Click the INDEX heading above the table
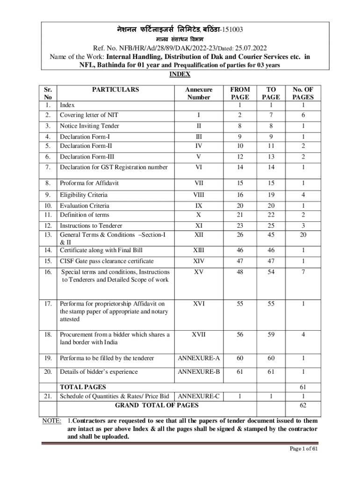pos(180,74)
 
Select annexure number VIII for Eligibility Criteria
pos(198,195)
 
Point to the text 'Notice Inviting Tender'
pos(89,126)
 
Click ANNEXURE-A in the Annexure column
pos(198,358)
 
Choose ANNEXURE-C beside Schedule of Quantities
pos(199,396)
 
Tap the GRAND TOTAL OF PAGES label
pos(157,405)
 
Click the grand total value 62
pos(303,405)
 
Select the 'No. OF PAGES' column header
pos(303,93)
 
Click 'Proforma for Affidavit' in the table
pos(89,183)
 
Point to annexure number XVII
pos(198,334)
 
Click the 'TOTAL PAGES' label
pos(83,387)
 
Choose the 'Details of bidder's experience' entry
pos(99,372)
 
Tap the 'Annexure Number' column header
pos(198,93)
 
